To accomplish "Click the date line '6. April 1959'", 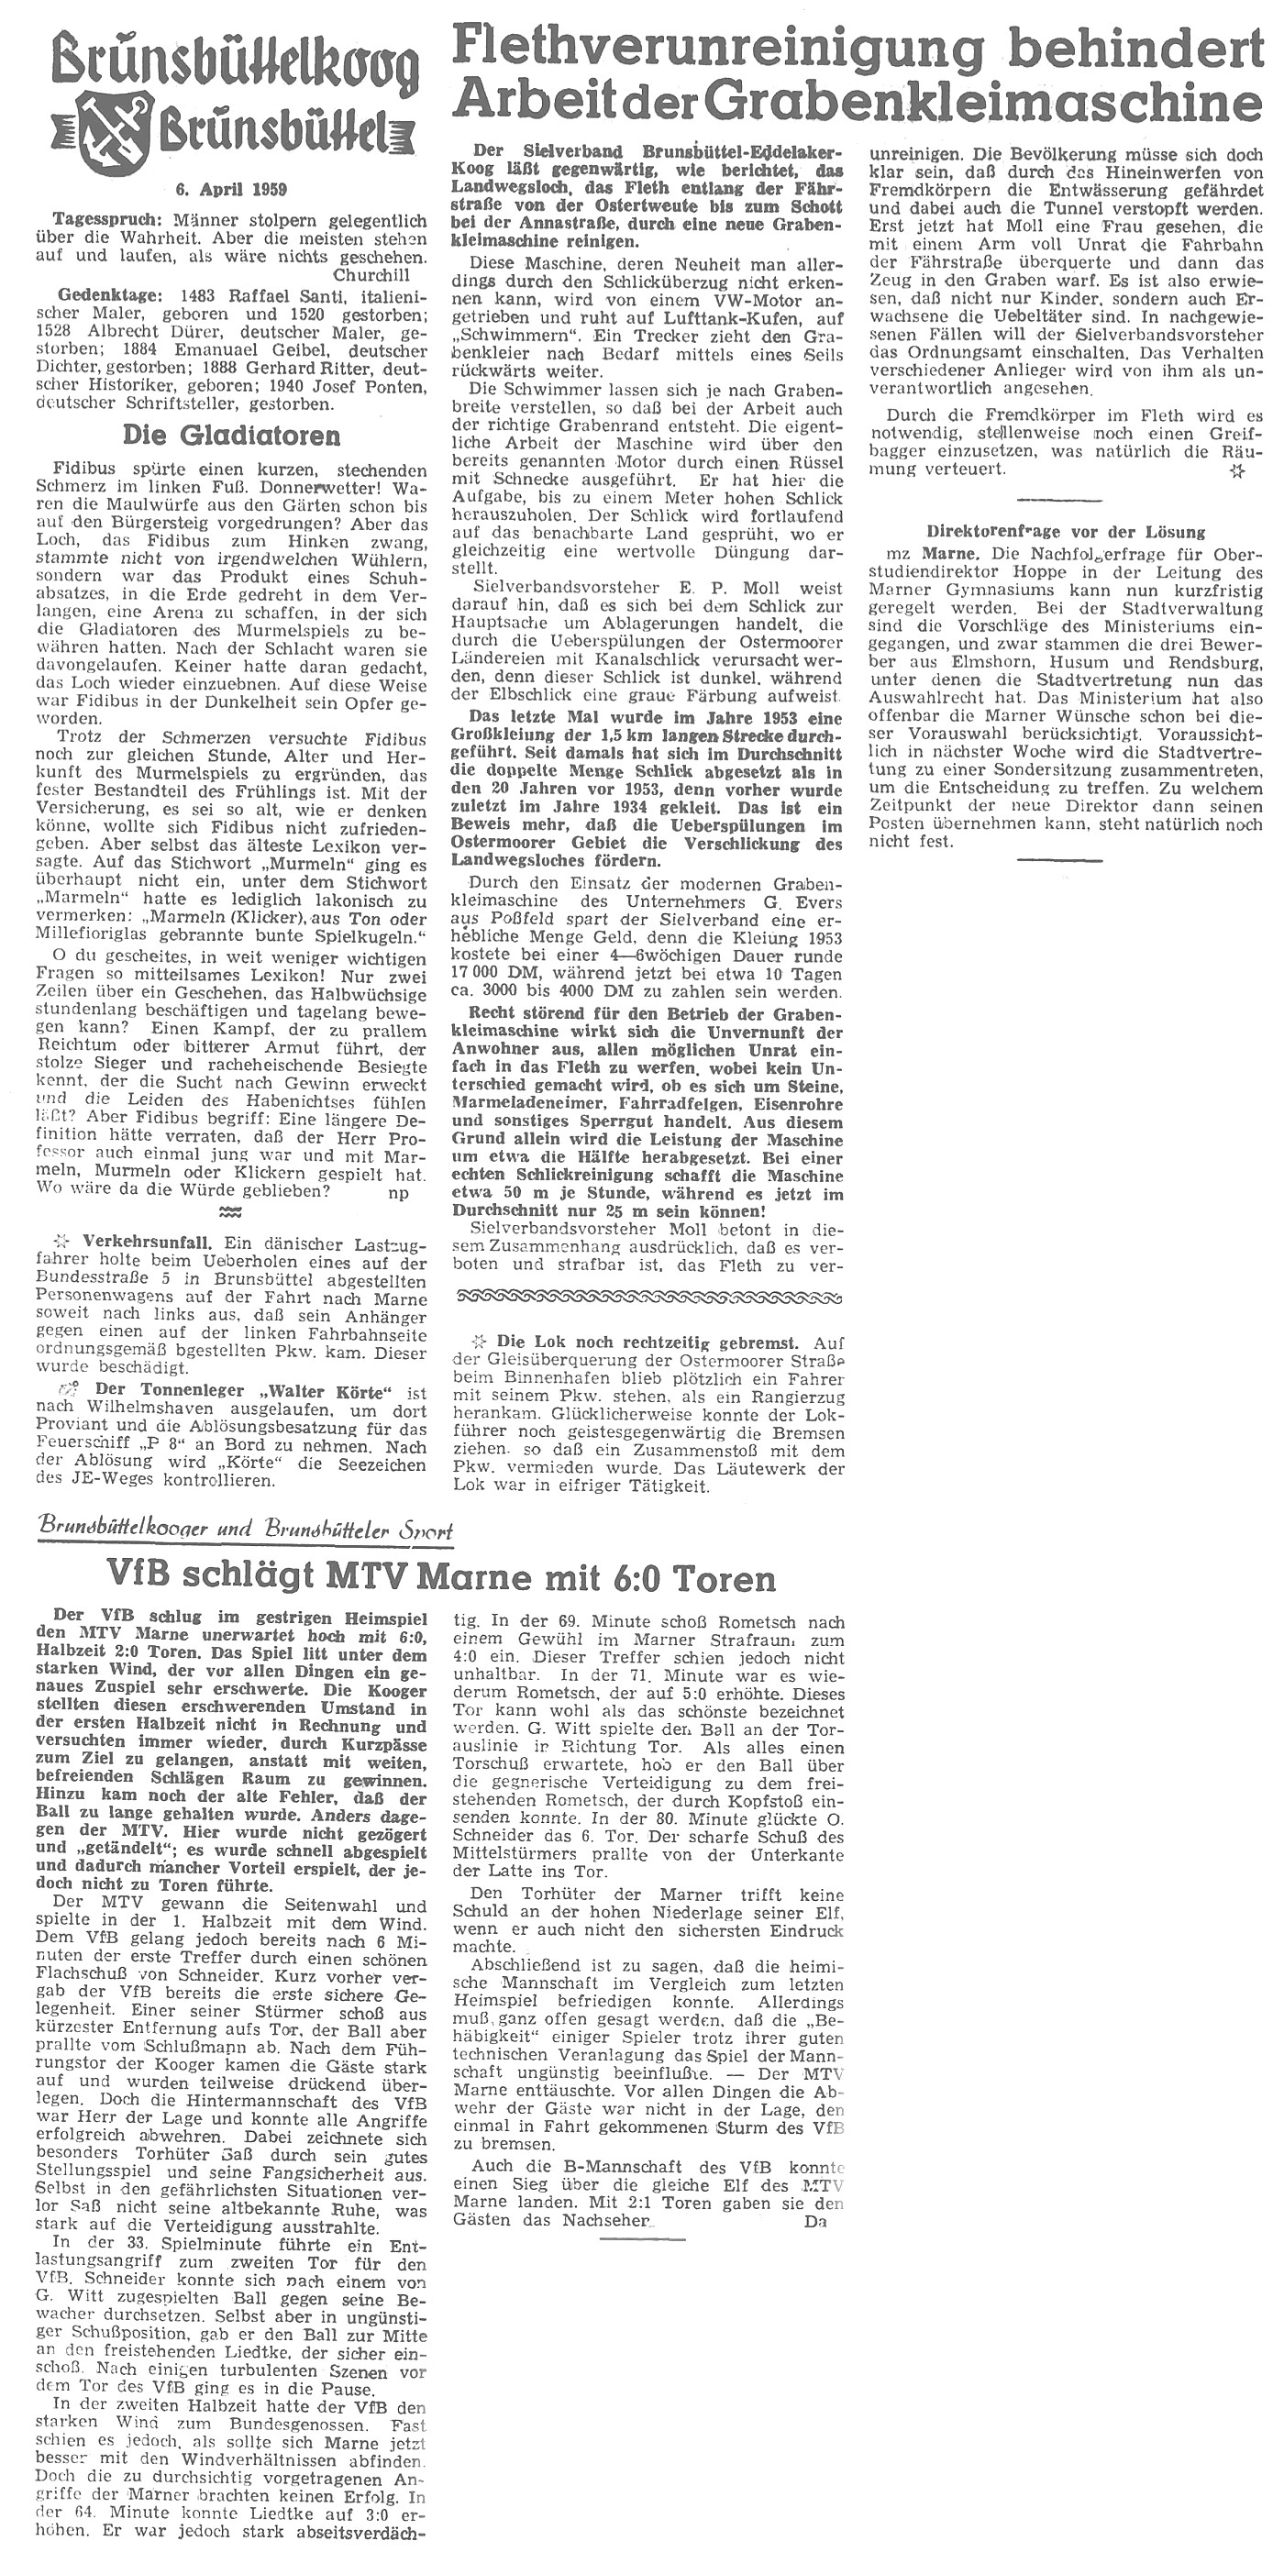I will (x=223, y=187).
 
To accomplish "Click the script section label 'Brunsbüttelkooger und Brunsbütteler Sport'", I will (x=246, y=1530).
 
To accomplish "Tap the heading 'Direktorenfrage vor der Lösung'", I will (x=1066, y=532).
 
